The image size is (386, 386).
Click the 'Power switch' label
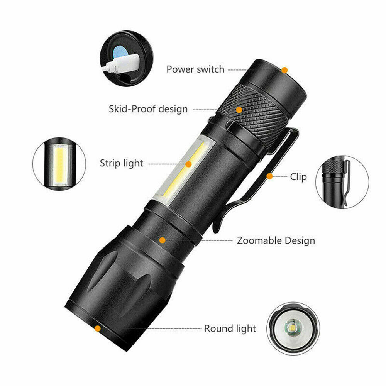click(x=195, y=69)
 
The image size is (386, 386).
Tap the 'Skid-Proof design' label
click(x=148, y=109)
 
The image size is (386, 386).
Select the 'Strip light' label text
click(x=121, y=163)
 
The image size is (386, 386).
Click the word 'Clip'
click(x=298, y=177)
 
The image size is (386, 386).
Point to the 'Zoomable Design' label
click(x=276, y=240)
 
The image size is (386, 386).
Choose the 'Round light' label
click(x=230, y=328)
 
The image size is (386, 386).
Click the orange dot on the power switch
click(x=284, y=70)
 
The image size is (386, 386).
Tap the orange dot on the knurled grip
click(x=239, y=110)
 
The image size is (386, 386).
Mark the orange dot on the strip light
click(x=188, y=164)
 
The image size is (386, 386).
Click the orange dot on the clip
click(x=269, y=176)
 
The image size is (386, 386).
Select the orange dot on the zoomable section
click(x=163, y=240)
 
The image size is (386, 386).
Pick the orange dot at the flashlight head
click(x=98, y=328)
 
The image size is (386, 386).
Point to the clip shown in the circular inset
click(x=346, y=181)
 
